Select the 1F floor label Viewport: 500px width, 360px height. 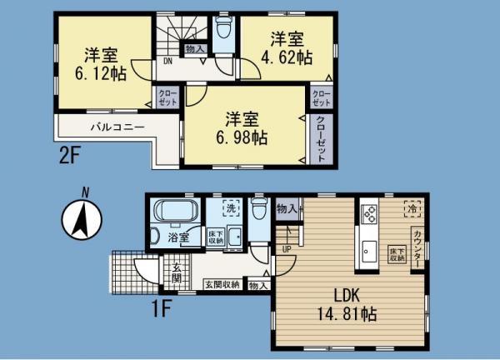(161, 307)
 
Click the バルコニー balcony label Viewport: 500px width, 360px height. (117, 127)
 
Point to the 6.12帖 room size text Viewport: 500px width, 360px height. (105, 73)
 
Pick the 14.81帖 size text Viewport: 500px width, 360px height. (351, 315)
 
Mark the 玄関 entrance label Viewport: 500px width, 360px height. (177, 273)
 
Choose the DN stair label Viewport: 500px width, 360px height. (167, 60)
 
